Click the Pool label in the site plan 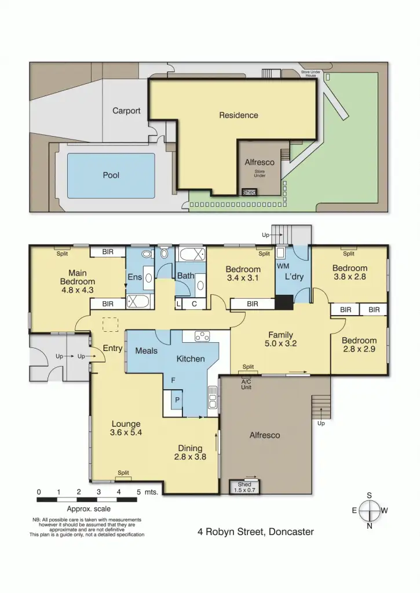(111, 175)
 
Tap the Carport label (126, 111)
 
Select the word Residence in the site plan (239, 115)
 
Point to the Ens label (134, 277)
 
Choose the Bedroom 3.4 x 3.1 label (243, 273)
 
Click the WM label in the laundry (283, 266)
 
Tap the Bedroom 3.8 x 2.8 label (349, 273)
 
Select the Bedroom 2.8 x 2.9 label (359, 345)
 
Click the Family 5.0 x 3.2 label (280, 339)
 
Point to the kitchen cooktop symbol (202, 335)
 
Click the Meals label (147, 350)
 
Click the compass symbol (370, 511)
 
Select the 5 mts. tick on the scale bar (138, 492)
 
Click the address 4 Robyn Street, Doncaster (255, 531)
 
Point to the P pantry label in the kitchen (177, 400)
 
